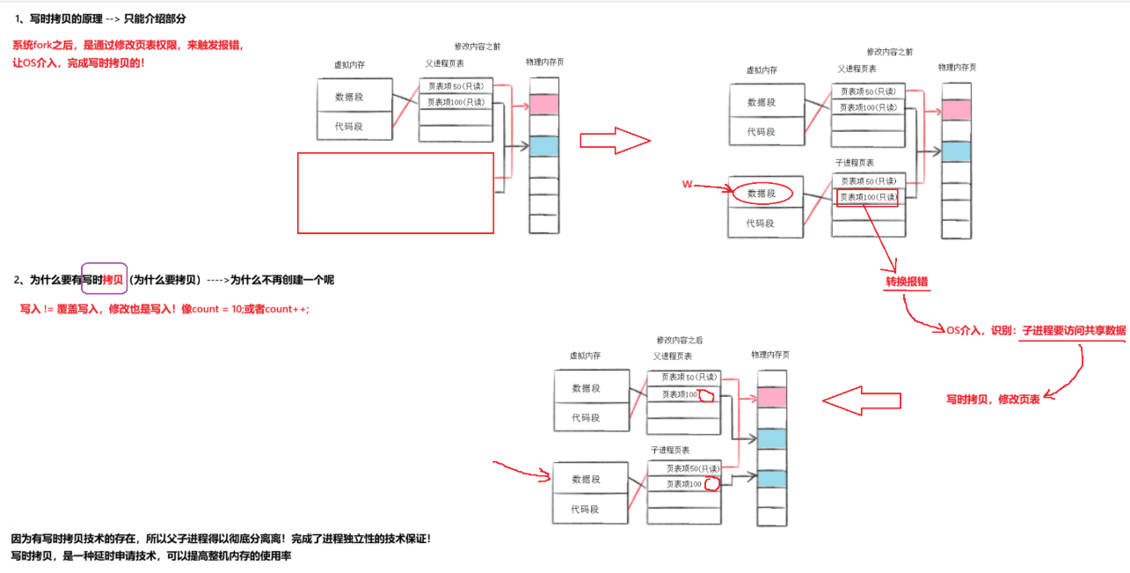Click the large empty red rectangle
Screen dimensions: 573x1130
396,193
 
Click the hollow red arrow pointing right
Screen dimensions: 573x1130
615,141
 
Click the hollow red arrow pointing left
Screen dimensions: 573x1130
861,400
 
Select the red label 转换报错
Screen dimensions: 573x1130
908,282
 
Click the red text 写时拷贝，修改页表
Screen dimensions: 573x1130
993,399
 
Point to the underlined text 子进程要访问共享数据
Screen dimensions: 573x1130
1074,330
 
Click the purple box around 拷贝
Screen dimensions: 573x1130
105,279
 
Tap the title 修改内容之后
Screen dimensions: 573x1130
679,340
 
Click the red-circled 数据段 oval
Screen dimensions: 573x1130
762,194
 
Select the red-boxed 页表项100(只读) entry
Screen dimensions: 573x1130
868,197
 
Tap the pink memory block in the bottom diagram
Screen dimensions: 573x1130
771,397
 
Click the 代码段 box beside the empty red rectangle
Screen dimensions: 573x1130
354,127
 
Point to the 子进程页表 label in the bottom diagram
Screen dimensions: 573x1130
670,450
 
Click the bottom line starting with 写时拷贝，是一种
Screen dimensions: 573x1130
150,556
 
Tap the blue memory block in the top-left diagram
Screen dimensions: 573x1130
544,146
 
